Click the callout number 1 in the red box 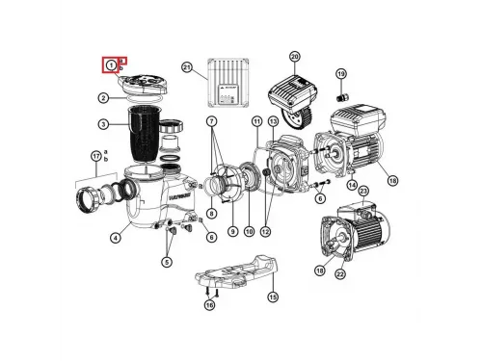112,64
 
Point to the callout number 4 115,239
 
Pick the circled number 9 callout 231,232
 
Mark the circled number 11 256,121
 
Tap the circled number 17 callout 95,156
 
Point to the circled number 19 340,74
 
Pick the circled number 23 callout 363,192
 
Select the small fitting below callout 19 340,96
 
